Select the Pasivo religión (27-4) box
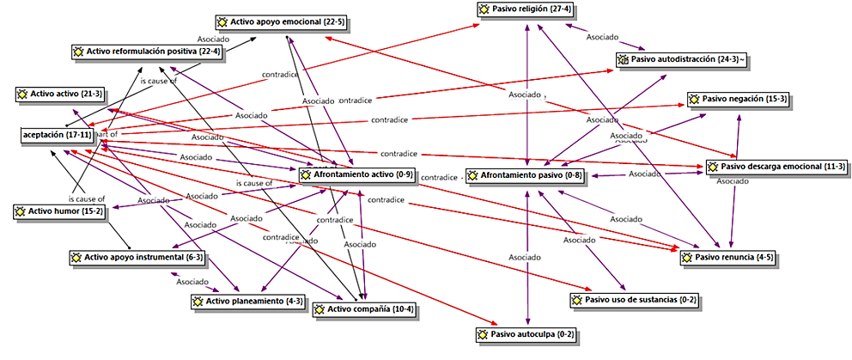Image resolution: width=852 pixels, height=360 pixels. click(526, 9)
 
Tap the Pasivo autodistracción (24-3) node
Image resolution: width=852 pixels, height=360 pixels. click(686, 59)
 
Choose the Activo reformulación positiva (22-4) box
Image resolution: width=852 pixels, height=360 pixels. click(148, 52)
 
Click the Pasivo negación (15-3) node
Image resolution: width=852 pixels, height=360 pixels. click(737, 100)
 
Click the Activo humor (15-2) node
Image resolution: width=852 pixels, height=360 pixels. click(60, 211)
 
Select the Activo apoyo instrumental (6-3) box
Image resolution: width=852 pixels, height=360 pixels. click(137, 257)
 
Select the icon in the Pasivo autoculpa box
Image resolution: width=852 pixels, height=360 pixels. click(484, 334)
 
